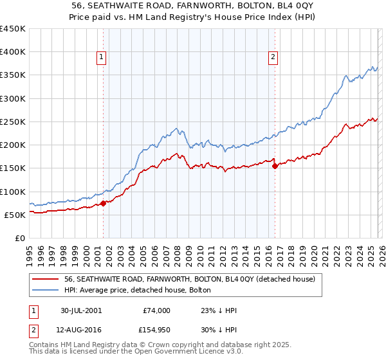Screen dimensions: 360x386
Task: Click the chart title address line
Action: [x=192, y=5]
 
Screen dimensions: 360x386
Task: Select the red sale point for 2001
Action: [x=104, y=204]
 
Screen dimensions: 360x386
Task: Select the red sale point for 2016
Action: [x=275, y=166]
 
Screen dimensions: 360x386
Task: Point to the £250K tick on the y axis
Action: [x=13, y=122]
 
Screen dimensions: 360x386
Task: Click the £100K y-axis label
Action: [x=13, y=192]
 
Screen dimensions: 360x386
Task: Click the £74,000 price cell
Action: [x=156, y=310]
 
